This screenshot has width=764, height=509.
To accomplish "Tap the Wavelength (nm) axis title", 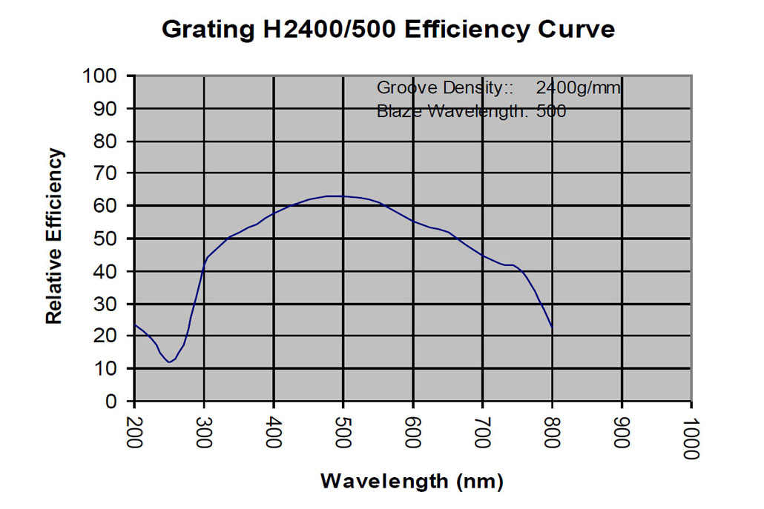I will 412,481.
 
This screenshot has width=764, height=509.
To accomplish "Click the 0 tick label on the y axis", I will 112,401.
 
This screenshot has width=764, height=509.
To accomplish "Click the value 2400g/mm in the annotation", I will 579,87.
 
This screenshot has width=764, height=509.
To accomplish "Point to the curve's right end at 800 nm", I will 552,326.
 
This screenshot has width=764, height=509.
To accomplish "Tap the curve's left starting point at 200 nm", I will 135,325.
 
